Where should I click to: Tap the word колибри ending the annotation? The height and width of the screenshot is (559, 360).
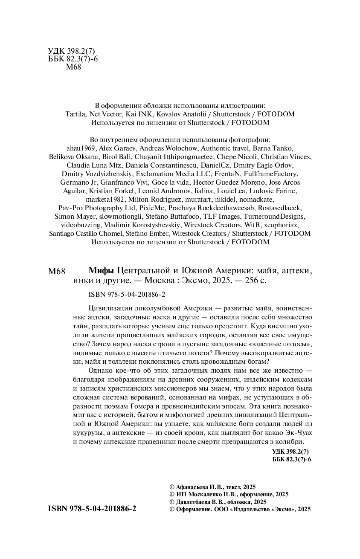(291, 441)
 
